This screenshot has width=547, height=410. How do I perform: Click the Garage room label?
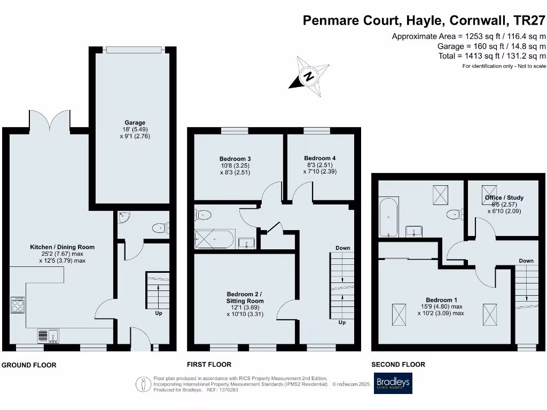click(132, 123)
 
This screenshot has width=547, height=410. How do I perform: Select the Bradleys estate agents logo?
click(393, 383)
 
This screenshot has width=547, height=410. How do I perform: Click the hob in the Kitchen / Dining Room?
click(18, 305)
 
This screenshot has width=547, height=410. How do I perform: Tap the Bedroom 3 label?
click(235, 159)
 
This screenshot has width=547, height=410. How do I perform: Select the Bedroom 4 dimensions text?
click(320, 168)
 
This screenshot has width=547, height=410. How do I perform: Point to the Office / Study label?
click(504, 198)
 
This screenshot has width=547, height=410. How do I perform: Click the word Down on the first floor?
click(343, 248)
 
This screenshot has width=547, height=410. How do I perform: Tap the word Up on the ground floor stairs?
click(159, 313)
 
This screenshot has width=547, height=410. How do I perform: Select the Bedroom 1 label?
click(441, 300)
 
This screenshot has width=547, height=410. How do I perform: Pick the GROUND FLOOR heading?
click(29, 365)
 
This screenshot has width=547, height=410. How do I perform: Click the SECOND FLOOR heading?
click(398, 365)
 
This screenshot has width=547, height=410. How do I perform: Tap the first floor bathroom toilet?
click(204, 215)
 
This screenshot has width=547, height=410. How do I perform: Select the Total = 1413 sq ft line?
click(491, 56)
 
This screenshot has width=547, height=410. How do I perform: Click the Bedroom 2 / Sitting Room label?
click(245, 297)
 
